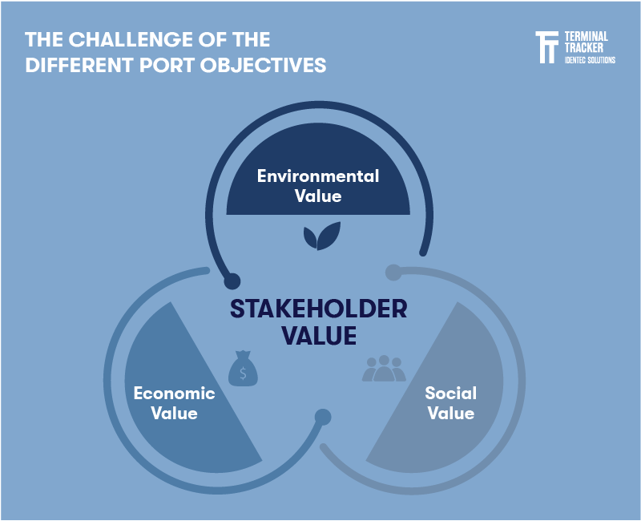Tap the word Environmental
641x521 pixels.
318,176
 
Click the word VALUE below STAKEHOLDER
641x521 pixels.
319,336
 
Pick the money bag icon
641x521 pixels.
243,368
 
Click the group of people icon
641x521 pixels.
385,368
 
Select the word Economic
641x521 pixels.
175,394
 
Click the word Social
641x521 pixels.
451,394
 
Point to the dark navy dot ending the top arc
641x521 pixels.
232,281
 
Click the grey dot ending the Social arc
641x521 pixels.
393,273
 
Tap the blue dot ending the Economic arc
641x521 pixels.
323,417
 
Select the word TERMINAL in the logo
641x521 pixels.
587,36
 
